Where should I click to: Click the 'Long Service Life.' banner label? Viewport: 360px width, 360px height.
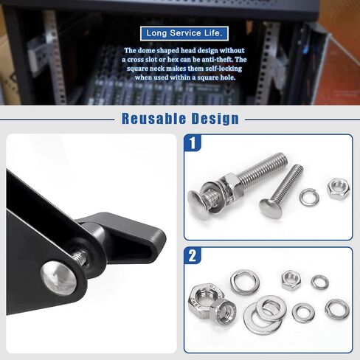pos(184,33)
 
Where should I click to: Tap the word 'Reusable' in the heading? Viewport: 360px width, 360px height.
pos(153,119)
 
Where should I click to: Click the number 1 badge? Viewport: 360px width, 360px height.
pos(193,142)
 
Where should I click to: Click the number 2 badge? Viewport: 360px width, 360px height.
pos(193,256)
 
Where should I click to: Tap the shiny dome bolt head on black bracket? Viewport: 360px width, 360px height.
pos(58,278)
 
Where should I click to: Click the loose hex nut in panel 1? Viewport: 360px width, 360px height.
pos(339,188)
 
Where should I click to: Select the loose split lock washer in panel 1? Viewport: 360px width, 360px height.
pos(309,197)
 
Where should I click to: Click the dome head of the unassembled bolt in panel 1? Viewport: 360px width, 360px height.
pos(271,208)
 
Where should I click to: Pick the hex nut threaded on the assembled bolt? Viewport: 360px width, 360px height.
pos(232,185)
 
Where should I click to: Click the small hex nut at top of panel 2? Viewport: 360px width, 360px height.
pos(291,280)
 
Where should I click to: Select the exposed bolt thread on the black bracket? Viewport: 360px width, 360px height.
pos(80,257)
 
